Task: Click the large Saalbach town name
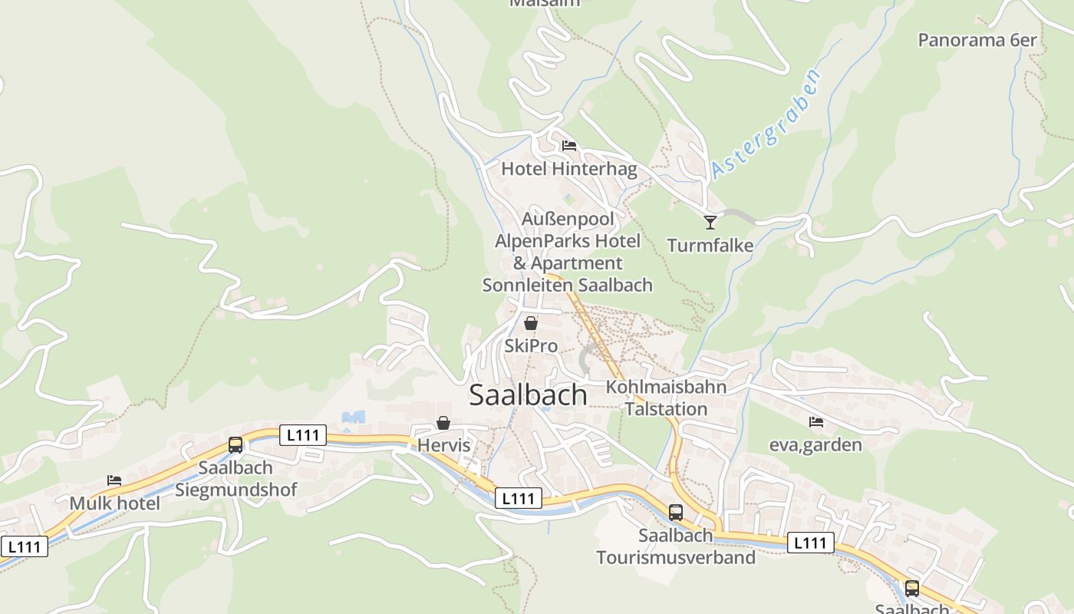pyautogui.click(x=528, y=394)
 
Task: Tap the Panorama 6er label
pyautogui.click(x=977, y=40)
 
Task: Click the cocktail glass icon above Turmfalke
pyautogui.click(x=710, y=223)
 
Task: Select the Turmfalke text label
pyautogui.click(x=710, y=246)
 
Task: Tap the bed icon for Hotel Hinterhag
pyautogui.click(x=568, y=146)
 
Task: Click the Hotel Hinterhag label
pyautogui.click(x=568, y=169)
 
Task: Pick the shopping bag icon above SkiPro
pyautogui.click(x=530, y=323)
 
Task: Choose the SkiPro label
pyautogui.click(x=530, y=346)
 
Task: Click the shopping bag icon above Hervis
pyautogui.click(x=443, y=423)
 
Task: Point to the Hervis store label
pyautogui.click(x=443, y=445)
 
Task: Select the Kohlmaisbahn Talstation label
pyautogui.click(x=666, y=398)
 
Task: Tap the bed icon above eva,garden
pyautogui.click(x=815, y=422)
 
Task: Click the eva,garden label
pyautogui.click(x=815, y=444)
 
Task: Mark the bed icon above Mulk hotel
pyautogui.click(x=114, y=480)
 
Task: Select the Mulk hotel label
pyautogui.click(x=114, y=503)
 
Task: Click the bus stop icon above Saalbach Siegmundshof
pyautogui.click(x=236, y=445)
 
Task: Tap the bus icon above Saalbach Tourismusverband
pyautogui.click(x=675, y=512)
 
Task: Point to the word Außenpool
pyautogui.click(x=568, y=220)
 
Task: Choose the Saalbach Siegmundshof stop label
pyautogui.click(x=236, y=478)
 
